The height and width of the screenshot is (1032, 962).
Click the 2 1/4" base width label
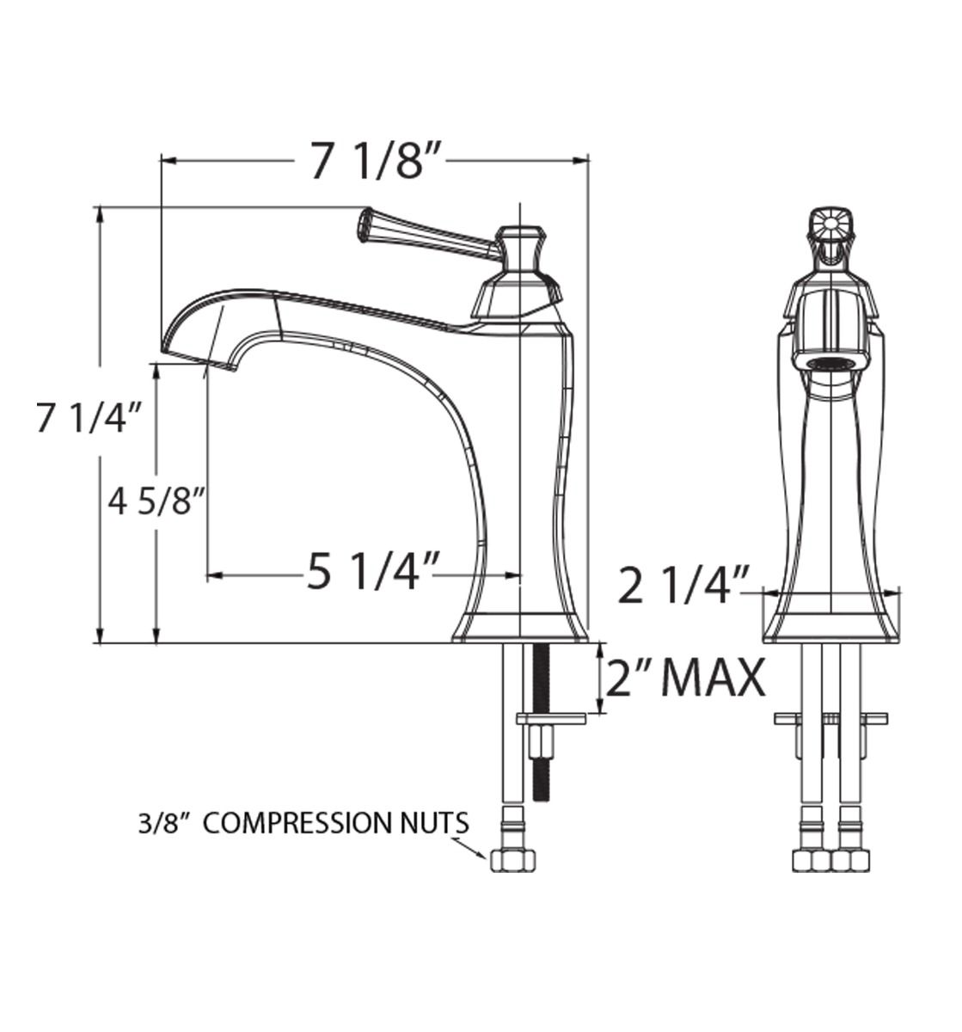tap(684, 587)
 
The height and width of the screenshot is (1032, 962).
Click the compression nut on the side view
tap(513, 860)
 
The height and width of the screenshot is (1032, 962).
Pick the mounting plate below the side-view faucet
tap(550, 717)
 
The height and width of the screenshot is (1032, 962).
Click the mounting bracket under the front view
tap(830, 717)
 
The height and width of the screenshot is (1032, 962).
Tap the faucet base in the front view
tap(830, 628)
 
